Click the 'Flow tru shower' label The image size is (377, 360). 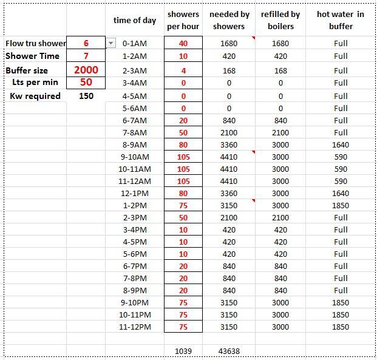pyautogui.click(x=36, y=43)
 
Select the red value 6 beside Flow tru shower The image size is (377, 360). pyautogui.click(x=86, y=43)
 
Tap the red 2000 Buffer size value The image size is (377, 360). pyautogui.click(x=86, y=70)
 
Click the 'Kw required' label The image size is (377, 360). pyautogui.click(x=35, y=96)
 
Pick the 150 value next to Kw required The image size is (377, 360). pyautogui.click(x=86, y=96)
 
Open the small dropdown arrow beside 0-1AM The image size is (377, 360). pyautogui.click(x=110, y=43)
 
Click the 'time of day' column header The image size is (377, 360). pyautogui.click(x=135, y=20)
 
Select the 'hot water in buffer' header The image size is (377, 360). pyautogui.click(x=341, y=20)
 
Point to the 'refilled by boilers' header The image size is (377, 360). pyautogui.click(x=280, y=20)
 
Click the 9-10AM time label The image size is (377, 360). pyautogui.click(x=135, y=157)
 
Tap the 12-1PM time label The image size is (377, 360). pyautogui.click(x=135, y=193)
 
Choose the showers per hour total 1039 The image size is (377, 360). pyautogui.click(x=183, y=351)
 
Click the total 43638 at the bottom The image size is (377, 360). pyautogui.click(x=229, y=351)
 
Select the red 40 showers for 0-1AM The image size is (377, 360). pyautogui.click(x=183, y=43)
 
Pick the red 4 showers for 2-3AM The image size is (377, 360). pyautogui.click(x=183, y=70)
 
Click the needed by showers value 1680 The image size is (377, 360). pyautogui.click(x=229, y=43)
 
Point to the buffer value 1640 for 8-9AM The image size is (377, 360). pyautogui.click(x=341, y=144)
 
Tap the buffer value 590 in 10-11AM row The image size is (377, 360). pyautogui.click(x=341, y=169)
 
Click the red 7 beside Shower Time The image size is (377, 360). pyautogui.click(x=86, y=56)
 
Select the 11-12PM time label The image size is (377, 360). pyautogui.click(x=135, y=327)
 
